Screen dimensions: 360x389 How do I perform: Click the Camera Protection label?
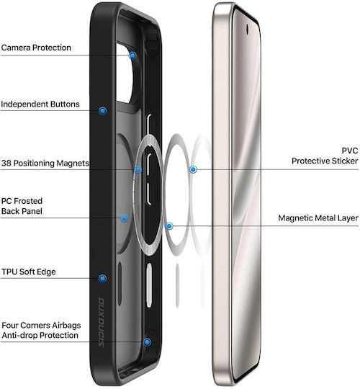[x=36, y=48]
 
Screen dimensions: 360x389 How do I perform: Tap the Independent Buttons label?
[x=40, y=104]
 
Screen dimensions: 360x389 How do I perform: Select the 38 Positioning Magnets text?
[x=45, y=163]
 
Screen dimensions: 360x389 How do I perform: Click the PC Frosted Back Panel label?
[x=22, y=206]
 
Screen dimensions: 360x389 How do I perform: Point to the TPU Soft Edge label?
[x=29, y=272]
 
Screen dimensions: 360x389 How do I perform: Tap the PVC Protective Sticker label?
[x=325, y=156]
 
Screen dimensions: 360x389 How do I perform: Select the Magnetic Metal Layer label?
[x=318, y=218]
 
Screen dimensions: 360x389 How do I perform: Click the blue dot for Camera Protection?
[x=132, y=55]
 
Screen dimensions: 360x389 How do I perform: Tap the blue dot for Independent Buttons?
[x=103, y=111]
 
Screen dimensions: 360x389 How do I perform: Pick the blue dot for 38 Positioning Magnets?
[x=138, y=170]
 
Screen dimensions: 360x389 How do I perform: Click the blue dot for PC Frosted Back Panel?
[x=125, y=218]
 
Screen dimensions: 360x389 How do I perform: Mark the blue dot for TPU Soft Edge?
[x=102, y=278]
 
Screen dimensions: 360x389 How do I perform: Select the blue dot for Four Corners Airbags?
[x=148, y=342]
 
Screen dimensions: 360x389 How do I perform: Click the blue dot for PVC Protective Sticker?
[x=193, y=170]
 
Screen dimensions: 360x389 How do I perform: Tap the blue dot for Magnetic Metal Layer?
[x=169, y=226]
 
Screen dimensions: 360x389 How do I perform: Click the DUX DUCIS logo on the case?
[x=101, y=322]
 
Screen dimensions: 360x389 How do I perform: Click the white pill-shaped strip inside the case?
[x=149, y=285]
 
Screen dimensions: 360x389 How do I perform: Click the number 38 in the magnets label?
[x=6, y=163]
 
